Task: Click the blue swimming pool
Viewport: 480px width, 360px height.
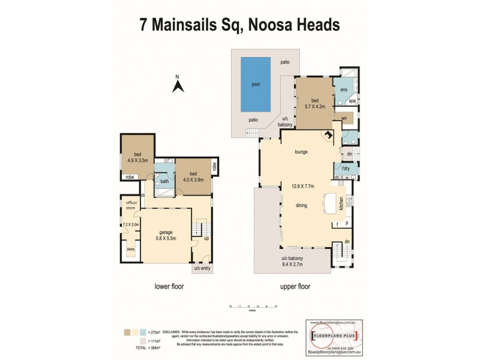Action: point(255,84)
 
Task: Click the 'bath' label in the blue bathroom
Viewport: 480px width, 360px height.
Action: point(164,182)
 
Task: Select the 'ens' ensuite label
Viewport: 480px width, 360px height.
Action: point(344,90)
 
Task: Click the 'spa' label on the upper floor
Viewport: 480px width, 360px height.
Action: point(352,101)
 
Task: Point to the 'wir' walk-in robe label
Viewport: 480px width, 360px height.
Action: point(344,119)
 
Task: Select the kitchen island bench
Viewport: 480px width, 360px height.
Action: point(329,203)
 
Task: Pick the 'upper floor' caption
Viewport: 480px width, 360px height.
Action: point(295,287)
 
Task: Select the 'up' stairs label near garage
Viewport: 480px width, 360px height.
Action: point(207,238)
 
